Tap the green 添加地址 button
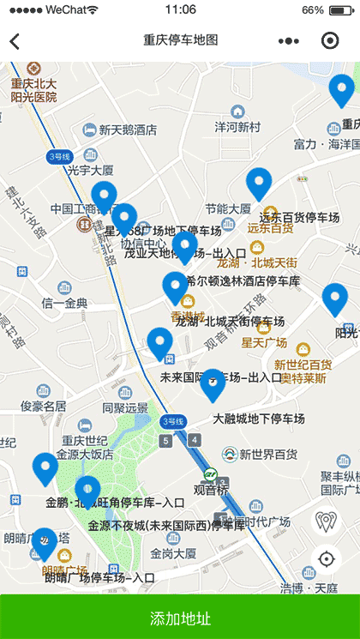180,618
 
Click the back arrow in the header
15,41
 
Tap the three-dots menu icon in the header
289,41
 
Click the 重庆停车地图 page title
180,40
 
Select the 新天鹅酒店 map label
127,130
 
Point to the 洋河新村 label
237,126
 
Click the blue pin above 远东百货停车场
258,184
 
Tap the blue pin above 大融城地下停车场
213,384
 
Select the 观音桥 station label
209,490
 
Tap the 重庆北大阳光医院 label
34,90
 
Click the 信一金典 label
65,303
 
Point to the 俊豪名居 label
43,406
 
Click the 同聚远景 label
125,408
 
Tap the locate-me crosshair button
326,559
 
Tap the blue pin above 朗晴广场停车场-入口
43,544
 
